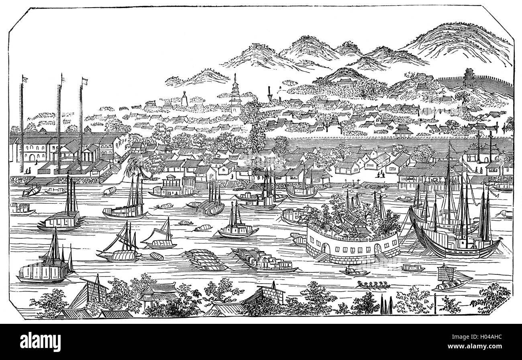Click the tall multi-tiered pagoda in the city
[x=235, y=96]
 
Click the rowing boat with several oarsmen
[x=373, y=285]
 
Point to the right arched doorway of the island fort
[x=378, y=250]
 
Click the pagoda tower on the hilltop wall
[x=468, y=77]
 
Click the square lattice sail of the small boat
[x=444, y=273]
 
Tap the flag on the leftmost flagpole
[x=25, y=78]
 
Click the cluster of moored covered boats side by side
[x=206, y=259]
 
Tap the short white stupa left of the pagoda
[x=185, y=98]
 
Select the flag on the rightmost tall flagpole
[x=85, y=81]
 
